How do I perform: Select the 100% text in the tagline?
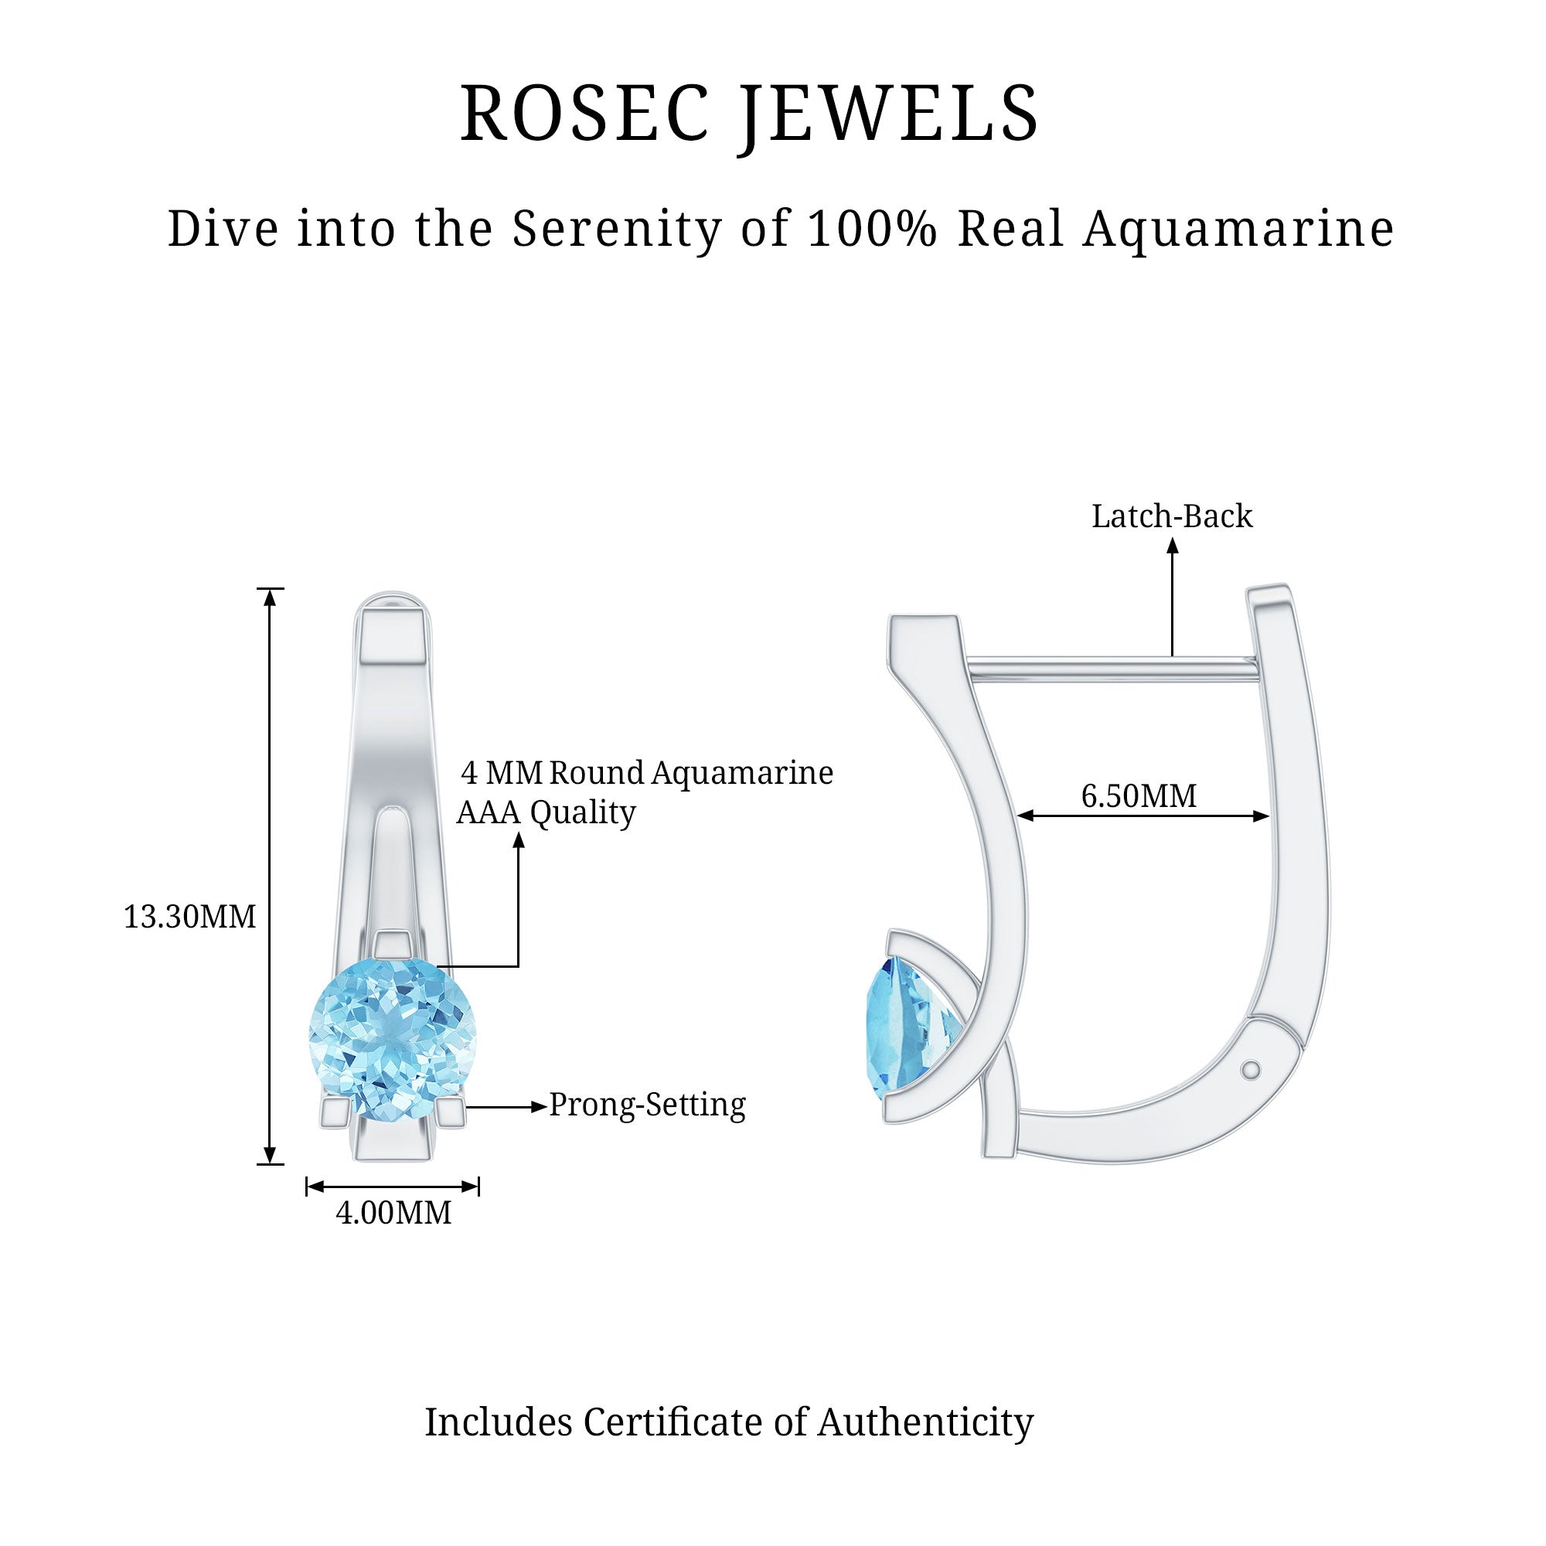coord(871,229)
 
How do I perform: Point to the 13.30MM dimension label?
coord(189,917)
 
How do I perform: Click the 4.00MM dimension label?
coord(393,1213)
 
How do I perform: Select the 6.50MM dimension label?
coord(1139,796)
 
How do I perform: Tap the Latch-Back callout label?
coord(1173,517)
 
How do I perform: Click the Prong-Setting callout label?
coord(646,1105)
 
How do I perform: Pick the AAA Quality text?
coord(546,813)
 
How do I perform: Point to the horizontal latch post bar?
coord(1112,669)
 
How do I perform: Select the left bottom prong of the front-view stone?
coord(335,1113)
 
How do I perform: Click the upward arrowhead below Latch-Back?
coord(1173,547)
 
